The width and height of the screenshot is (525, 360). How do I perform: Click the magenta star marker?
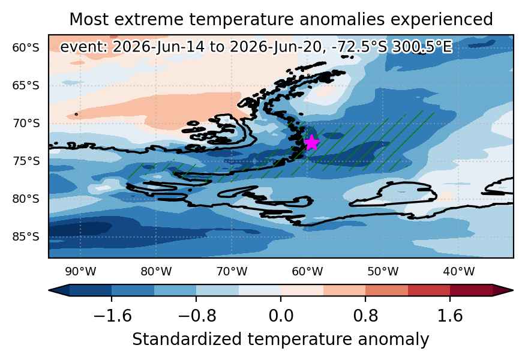(x=312, y=142)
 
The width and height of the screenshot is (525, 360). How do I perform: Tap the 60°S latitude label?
(x=26, y=48)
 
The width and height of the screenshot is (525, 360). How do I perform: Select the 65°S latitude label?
(x=26, y=86)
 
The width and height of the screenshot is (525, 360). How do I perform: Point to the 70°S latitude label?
(x=26, y=124)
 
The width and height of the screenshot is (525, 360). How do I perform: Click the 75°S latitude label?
(x=26, y=161)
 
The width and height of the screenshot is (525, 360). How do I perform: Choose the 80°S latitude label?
(x=26, y=199)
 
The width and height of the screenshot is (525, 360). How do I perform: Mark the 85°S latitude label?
(x=26, y=237)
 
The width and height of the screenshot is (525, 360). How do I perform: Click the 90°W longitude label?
(x=80, y=271)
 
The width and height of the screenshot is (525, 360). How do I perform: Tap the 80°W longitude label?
(x=156, y=271)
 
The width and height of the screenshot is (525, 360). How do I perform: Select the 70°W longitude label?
(x=232, y=271)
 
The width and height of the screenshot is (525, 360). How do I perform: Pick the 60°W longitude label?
(x=307, y=271)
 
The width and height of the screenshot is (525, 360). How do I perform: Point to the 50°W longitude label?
(x=383, y=271)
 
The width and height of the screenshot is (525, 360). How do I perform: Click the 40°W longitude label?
(x=459, y=271)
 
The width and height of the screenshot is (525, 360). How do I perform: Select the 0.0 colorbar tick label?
(x=281, y=316)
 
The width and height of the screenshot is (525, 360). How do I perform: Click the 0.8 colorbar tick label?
(x=365, y=316)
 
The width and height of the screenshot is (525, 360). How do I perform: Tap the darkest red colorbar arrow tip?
(x=512, y=290)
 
